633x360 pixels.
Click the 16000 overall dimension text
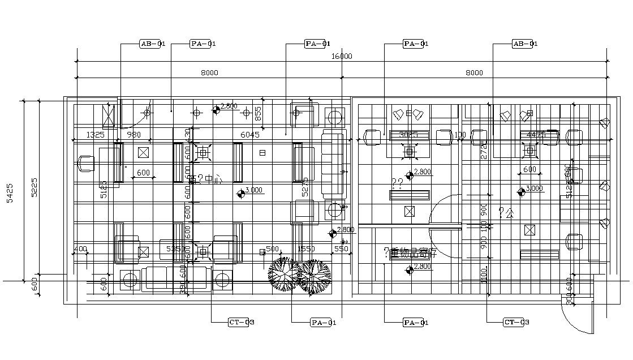tap(342, 56)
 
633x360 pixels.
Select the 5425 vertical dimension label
tap(10, 192)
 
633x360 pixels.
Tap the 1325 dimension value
tap(95, 135)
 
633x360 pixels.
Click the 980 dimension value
tap(134, 135)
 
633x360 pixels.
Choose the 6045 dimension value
tap(249, 135)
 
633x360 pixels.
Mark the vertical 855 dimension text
tap(258, 114)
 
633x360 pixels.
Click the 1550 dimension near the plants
tap(306, 249)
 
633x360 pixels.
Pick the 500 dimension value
tap(273, 249)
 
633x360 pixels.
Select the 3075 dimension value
tap(408, 135)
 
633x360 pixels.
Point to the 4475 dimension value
tap(535, 135)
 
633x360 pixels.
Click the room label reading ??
tap(397, 182)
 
